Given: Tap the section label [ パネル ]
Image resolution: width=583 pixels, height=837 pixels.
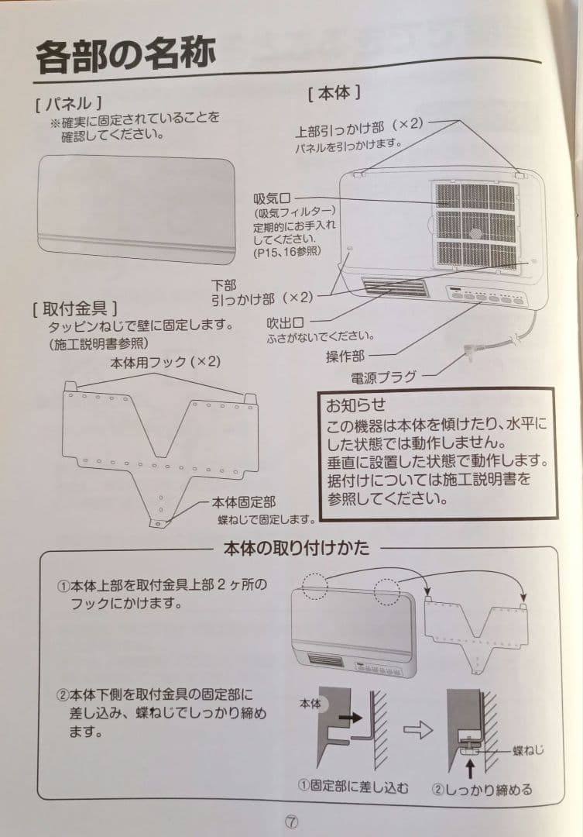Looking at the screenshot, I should [69, 102].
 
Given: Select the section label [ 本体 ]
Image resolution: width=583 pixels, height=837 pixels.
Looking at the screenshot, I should [334, 93].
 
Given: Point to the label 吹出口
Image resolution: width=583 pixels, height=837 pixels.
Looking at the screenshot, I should [284, 322].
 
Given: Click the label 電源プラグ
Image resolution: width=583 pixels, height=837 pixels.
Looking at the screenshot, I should [383, 377].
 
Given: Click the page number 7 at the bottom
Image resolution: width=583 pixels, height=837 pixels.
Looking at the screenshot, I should [291, 821].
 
